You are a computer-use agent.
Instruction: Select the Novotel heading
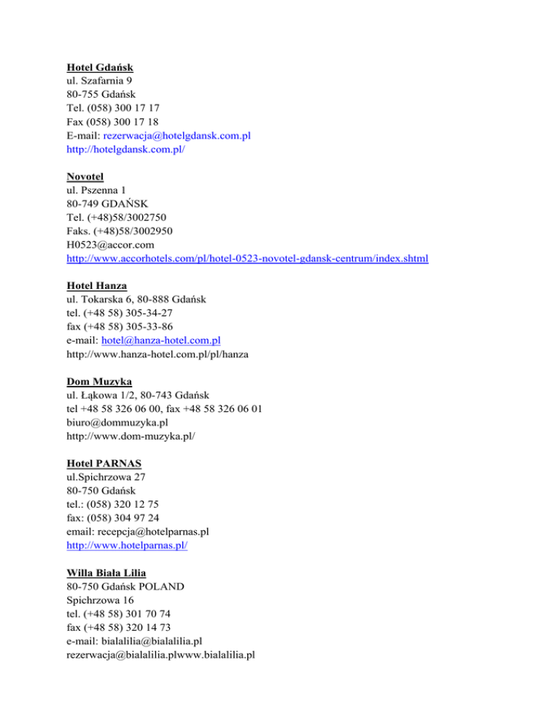click(85, 177)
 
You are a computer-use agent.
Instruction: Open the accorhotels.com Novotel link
click(246, 258)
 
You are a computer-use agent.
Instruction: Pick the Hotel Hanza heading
click(96, 285)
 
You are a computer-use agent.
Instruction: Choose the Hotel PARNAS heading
click(104, 462)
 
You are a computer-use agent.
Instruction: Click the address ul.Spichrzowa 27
click(106, 476)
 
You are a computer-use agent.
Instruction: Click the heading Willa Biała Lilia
click(110, 572)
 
